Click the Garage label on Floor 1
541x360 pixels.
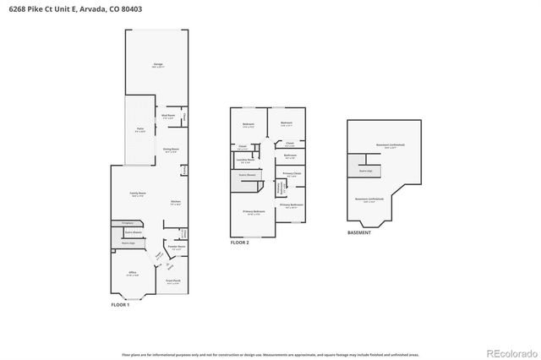tap(158, 65)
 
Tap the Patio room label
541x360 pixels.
tap(141, 129)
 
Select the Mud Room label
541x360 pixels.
tap(168, 117)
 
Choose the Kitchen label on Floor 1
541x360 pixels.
tap(176, 202)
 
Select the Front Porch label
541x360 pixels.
tap(173, 282)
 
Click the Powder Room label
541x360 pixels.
tap(177, 248)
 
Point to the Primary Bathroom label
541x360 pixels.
tap(291, 205)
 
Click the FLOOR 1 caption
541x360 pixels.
tap(120, 304)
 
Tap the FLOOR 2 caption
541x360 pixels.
tap(240, 243)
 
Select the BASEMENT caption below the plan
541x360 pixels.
tap(358, 232)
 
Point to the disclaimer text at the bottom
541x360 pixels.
tap(270, 355)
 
